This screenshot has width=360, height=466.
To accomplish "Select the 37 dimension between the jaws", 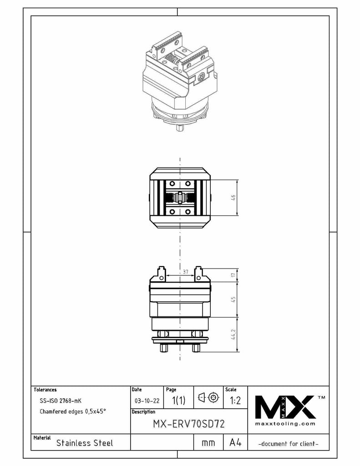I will tap(185, 272).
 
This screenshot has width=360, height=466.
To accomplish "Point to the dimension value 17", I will tap(233, 275).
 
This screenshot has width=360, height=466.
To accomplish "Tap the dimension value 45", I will tap(233, 300).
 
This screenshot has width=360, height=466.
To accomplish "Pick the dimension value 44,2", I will tap(233, 335).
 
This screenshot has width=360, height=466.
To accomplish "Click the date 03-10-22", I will tap(147, 401).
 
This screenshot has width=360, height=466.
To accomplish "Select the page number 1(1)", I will tap(178, 401).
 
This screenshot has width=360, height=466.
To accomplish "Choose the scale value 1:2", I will tap(236, 401).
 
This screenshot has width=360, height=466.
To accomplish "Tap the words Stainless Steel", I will tap(84, 443).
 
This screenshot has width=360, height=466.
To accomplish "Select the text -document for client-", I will tap(288, 443).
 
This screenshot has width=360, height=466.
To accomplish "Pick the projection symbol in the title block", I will tap(208, 399).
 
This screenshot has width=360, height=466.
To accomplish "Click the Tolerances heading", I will tap(45, 390).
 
